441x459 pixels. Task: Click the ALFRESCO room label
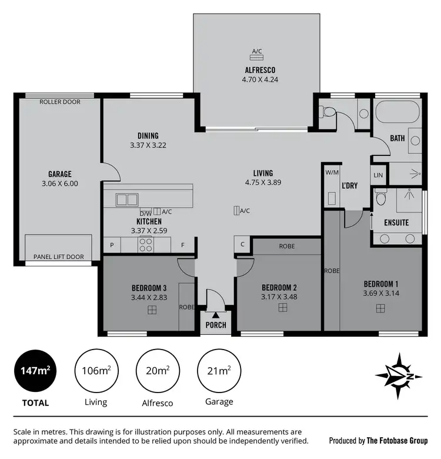pos(257,69)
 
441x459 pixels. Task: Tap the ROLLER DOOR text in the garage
pos(60,102)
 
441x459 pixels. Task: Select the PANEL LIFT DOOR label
pos(59,257)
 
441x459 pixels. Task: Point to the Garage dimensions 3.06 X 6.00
pos(60,184)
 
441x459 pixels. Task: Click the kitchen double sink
pos(126,199)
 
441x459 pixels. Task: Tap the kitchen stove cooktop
pos(145,244)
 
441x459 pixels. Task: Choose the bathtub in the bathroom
pos(396,112)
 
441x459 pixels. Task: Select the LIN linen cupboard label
pos(378,175)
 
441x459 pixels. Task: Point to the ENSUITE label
pos(396,222)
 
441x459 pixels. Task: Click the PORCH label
pos(216,325)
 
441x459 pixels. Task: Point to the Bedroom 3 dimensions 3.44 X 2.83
pos(149,297)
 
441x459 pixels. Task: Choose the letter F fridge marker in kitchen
pos(183,245)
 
